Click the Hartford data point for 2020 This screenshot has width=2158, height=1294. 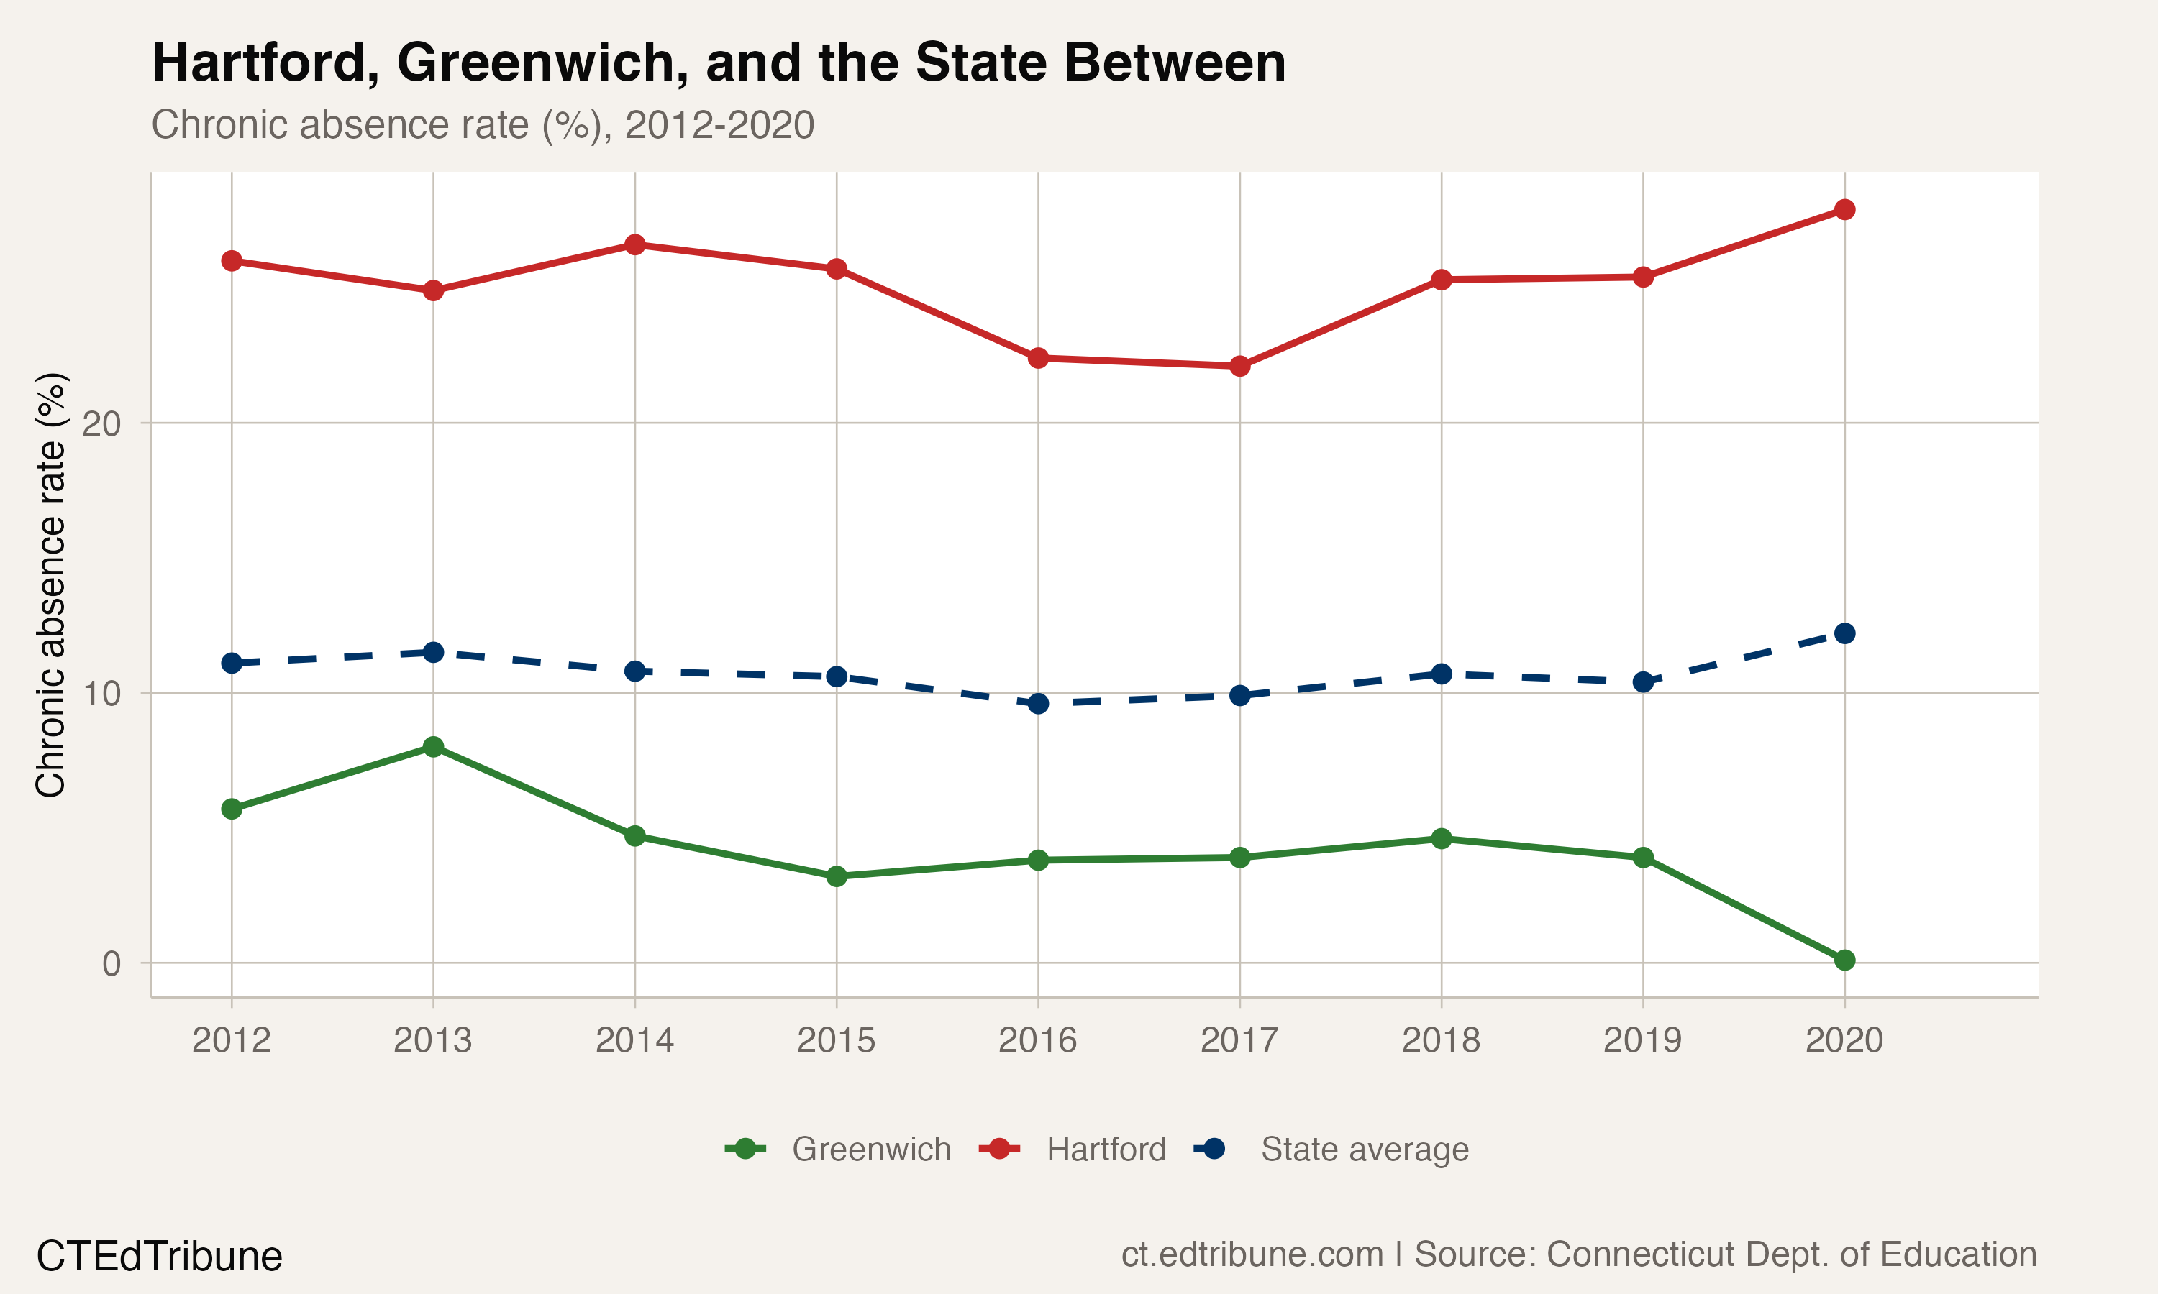[1844, 209]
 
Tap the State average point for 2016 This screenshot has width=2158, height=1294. [1038, 703]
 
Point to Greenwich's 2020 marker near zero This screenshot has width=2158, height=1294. [1844, 960]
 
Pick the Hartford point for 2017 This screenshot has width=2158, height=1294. [1239, 366]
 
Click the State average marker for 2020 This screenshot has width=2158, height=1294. [1844, 633]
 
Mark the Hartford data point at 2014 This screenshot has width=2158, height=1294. [635, 245]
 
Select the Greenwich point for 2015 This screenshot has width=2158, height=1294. [837, 876]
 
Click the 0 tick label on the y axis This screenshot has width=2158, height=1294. [111, 963]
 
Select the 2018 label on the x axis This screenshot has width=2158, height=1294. [1441, 1040]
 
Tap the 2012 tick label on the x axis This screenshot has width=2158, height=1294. [231, 1040]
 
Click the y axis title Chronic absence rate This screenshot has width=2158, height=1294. [50, 584]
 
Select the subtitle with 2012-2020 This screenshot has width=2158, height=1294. [483, 124]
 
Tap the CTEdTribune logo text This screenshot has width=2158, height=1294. [159, 1257]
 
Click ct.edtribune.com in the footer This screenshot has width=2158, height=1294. [1252, 1254]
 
